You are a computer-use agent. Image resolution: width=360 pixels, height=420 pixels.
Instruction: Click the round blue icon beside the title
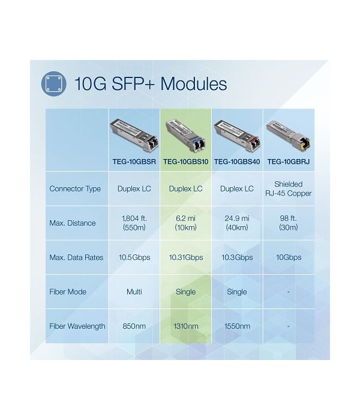coord(53,84)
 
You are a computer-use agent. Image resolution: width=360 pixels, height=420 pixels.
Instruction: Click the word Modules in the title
coord(194,83)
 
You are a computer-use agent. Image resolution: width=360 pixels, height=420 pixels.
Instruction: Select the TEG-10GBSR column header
coord(134,162)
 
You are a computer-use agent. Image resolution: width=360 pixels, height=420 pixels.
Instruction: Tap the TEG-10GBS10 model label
coord(185,162)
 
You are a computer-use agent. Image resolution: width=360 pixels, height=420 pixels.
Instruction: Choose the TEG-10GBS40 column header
coord(237,162)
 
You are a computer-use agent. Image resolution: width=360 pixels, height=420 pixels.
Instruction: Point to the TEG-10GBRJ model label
coord(289,162)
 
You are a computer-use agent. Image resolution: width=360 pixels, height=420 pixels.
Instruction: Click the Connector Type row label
coord(75,189)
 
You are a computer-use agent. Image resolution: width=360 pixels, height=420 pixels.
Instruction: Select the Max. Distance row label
coord(73,223)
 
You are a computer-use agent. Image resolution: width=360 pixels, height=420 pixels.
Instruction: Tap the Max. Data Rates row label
coord(76,257)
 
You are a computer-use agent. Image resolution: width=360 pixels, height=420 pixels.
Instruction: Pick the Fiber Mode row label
coord(68,292)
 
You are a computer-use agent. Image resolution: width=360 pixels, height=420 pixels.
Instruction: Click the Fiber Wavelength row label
coord(77,326)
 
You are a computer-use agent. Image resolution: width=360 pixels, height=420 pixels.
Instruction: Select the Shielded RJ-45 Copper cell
coord(289,188)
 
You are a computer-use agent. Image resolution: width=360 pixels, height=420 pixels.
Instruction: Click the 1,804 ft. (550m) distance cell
coord(134,223)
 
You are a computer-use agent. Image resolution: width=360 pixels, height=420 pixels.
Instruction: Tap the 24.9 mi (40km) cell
coord(237,223)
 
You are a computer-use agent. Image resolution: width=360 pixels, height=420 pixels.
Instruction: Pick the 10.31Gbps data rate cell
coord(185,257)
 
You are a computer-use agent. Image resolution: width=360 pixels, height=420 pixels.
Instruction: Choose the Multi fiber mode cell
coord(134,292)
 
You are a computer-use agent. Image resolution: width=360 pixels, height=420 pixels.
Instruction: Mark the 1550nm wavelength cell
coord(237,326)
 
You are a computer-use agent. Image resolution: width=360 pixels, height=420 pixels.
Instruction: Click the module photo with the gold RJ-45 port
coord(289,136)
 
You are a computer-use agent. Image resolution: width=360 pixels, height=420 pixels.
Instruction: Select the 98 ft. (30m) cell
coord(289,223)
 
